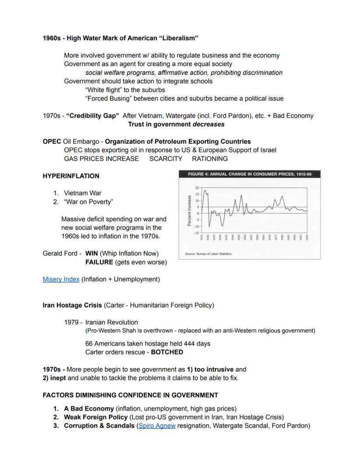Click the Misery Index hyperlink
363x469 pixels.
61,279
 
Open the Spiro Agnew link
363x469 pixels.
157,426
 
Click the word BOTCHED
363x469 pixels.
167,352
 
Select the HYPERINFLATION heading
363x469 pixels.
71,176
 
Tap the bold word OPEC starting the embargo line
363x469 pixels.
52,141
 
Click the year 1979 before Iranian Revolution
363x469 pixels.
71,322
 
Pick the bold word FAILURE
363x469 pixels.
99,262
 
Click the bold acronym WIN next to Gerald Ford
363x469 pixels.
92,254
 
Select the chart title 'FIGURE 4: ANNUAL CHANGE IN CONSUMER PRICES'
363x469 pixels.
249,174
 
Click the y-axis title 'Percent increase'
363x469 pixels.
189,211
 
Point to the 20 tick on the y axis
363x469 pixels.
197,187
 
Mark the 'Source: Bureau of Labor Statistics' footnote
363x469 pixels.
209,254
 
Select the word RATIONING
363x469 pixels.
210,159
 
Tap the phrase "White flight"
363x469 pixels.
103,90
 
